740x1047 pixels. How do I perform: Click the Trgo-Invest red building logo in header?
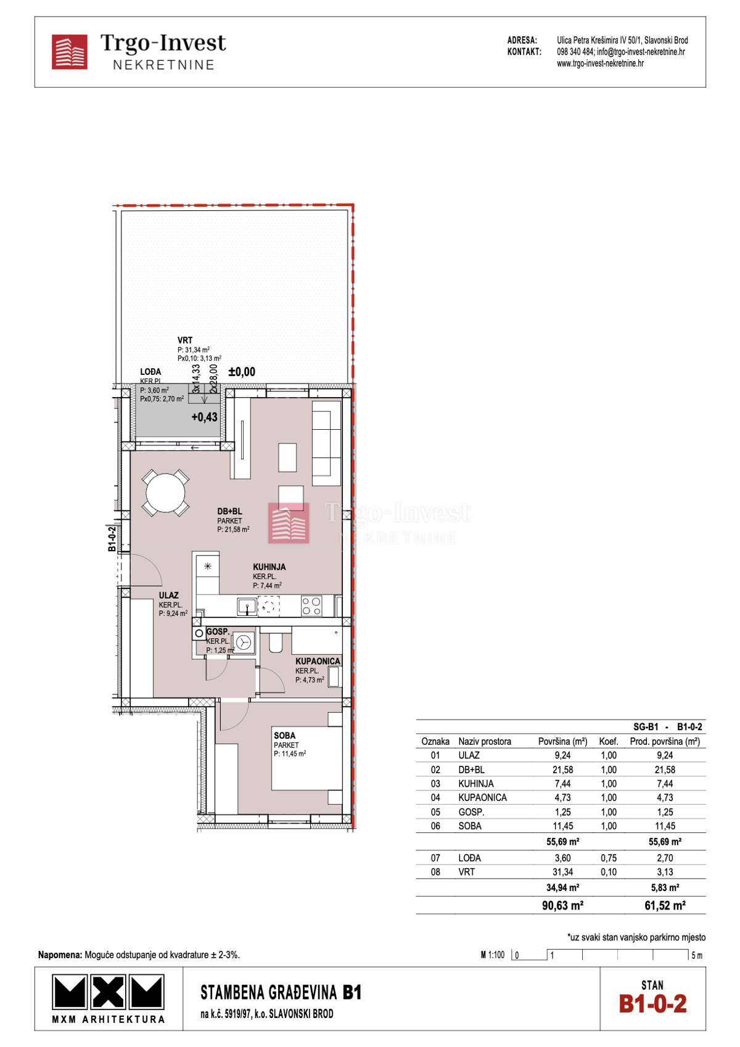point(69,52)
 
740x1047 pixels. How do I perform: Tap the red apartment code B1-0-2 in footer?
point(652,1003)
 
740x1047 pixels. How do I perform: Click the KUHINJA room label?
point(269,567)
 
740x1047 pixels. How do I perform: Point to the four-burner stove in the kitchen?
point(311,606)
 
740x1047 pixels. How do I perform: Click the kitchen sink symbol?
point(247,607)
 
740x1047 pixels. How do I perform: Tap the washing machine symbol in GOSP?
point(244,643)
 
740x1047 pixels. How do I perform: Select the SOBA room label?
point(284,736)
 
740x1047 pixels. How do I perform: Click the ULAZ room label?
point(168,596)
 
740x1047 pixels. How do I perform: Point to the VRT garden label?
point(185,340)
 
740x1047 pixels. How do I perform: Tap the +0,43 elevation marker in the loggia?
point(204,417)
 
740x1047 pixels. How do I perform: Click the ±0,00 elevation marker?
point(242,372)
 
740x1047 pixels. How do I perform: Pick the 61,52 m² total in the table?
point(665,905)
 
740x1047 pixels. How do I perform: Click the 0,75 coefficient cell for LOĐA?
point(608,858)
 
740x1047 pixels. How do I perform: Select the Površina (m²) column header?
point(562,741)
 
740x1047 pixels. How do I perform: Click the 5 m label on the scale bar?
point(697,955)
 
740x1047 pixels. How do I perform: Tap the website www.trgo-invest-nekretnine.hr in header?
point(600,64)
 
